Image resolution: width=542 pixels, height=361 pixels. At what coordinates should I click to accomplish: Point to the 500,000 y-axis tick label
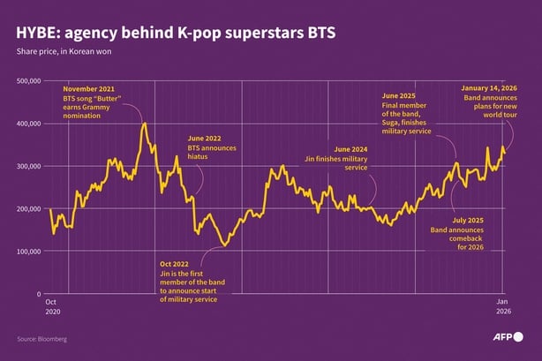point(28,81)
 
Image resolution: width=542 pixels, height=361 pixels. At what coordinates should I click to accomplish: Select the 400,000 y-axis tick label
point(28,124)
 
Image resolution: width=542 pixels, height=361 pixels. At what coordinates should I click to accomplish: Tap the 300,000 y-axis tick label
point(28,166)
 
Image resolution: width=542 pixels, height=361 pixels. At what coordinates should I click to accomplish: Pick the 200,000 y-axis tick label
point(28,208)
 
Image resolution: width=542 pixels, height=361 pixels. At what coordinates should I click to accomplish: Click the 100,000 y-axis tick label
point(28,251)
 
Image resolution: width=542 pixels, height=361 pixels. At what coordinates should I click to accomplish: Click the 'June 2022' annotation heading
point(205,139)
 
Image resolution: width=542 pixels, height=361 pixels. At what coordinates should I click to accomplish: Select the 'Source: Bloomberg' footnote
point(41,339)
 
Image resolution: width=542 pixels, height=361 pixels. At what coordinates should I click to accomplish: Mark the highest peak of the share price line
point(144,124)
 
